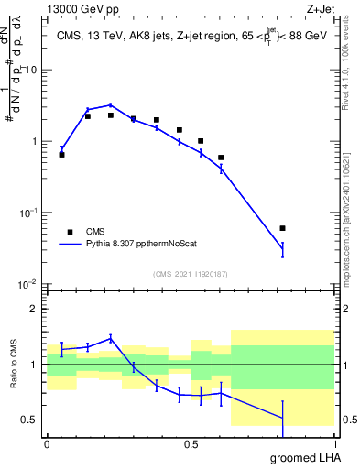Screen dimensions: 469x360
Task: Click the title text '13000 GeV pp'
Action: click(x=80, y=10)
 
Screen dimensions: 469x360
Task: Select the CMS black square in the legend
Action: click(x=67, y=232)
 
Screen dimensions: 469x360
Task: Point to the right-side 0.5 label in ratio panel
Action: click(x=348, y=420)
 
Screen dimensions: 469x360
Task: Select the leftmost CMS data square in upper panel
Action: click(x=61, y=155)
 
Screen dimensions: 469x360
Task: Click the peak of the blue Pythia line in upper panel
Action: click(x=110, y=104)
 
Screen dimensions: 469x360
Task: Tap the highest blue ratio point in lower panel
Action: click(x=110, y=338)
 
